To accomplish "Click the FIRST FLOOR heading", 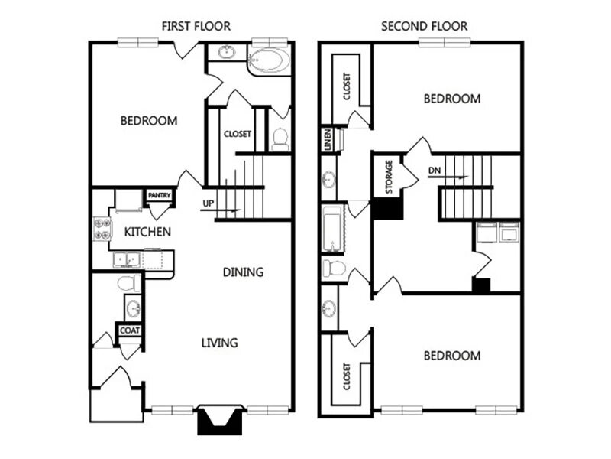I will click(196, 26).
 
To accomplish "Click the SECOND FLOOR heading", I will click(425, 26).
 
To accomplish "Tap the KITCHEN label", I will click(147, 232).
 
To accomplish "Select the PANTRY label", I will click(159, 196).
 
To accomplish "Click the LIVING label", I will click(219, 342).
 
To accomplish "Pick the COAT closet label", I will click(128, 330).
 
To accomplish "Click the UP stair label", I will click(208, 203).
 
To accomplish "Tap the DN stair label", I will click(434, 171).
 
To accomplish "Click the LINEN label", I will click(326, 141).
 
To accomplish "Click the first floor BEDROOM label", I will click(149, 121).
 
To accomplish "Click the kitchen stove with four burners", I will click(102, 229).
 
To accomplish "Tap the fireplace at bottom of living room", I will click(219, 420).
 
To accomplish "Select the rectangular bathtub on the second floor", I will click(331, 229).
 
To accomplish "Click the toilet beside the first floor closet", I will click(280, 139).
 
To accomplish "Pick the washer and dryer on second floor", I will click(498, 232).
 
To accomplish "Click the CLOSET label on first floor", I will click(238, 134).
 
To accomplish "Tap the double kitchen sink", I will click(128, 261).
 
